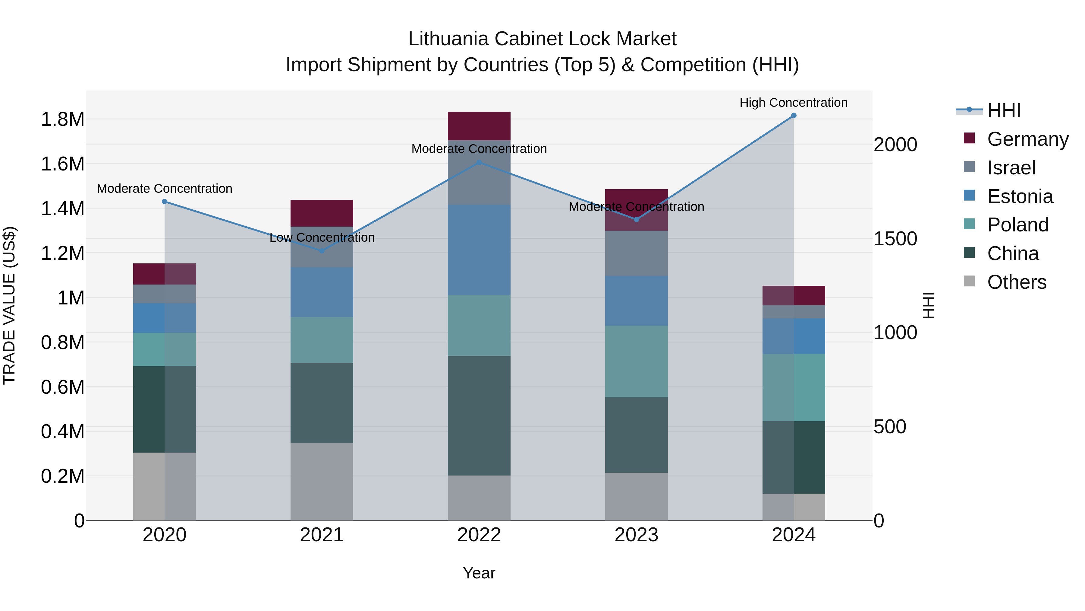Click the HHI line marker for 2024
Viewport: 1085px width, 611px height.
tap(794, 116)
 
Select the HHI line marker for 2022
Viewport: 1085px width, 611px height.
tap(479, 162)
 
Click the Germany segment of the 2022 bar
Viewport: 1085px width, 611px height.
tap(479, 126)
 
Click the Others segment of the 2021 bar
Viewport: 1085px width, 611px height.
tap(322, 481)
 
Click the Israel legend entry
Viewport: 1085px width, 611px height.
tap(1011, 168)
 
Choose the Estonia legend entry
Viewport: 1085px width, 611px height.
tap(1020, 196)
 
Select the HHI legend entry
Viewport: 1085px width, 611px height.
tap(1004, 110)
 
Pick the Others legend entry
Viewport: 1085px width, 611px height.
tap(1016, 282)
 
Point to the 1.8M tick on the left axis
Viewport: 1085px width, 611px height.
tap(62, 119)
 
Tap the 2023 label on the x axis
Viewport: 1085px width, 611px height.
tap(636, 535)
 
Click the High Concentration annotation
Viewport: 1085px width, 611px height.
tap(794, 103)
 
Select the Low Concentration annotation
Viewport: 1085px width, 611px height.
tap(322, 237)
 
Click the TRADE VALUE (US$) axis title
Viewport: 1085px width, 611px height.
tap(9, 305)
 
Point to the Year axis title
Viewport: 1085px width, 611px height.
tap(479, 573)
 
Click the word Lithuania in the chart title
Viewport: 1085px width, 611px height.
tap(448, 39)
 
